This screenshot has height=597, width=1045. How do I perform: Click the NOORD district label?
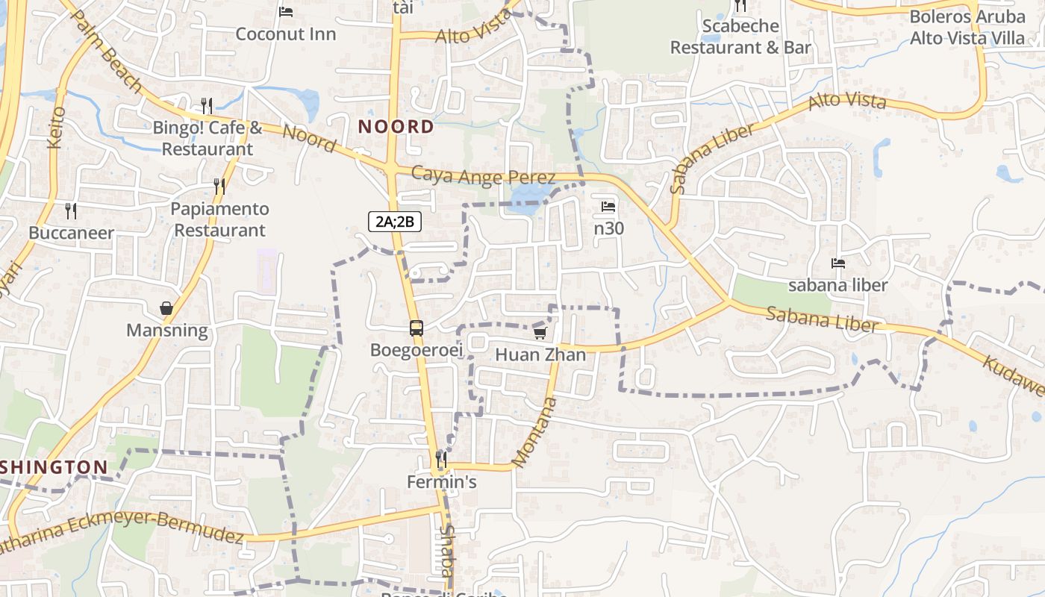pyautogui.click(x=396, y=127)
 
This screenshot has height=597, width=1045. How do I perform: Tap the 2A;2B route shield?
pyautogui.click(x=395, y=221)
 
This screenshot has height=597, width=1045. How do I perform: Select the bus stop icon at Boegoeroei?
pyautogui.click(x=416, y=328)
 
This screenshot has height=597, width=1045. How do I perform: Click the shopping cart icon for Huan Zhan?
pyautogui.click(x=540, y=333)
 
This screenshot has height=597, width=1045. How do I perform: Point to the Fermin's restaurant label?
pyautogui.click(x=441, y=482)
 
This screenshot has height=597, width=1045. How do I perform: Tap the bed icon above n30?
pyautogui.click(x=608, y=207)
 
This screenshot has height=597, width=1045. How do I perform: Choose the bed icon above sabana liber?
pyautogui.click(x=838, y=263)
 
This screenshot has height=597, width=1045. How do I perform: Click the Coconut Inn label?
pyautogui.click(x=286, y=34)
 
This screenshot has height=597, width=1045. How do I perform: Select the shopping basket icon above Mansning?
pyautogui.click(x=166, y=308)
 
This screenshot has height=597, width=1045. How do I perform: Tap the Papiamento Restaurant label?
pyautogui.click(x=219, y=219)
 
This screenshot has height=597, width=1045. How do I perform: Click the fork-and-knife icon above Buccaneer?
pyautogui.click(x=71, y=211)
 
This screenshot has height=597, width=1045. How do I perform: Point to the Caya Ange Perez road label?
pyautogui.click(x=484, y=176)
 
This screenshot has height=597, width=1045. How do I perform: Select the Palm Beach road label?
pyautogui.click(x=107, y=50)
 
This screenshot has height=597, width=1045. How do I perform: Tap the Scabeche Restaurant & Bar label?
pyautogui.click(x=740, y=37)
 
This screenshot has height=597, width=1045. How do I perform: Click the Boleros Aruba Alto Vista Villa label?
pyautogui.click(x=967, y=28)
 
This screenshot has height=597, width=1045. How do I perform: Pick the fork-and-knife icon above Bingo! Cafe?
pyautogui.click(x=207, y=106)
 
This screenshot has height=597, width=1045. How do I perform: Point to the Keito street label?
pyautogui.click(x=57, y=128)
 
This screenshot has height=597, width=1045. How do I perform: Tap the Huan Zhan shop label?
pyautogui.click(x=540, y=354)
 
